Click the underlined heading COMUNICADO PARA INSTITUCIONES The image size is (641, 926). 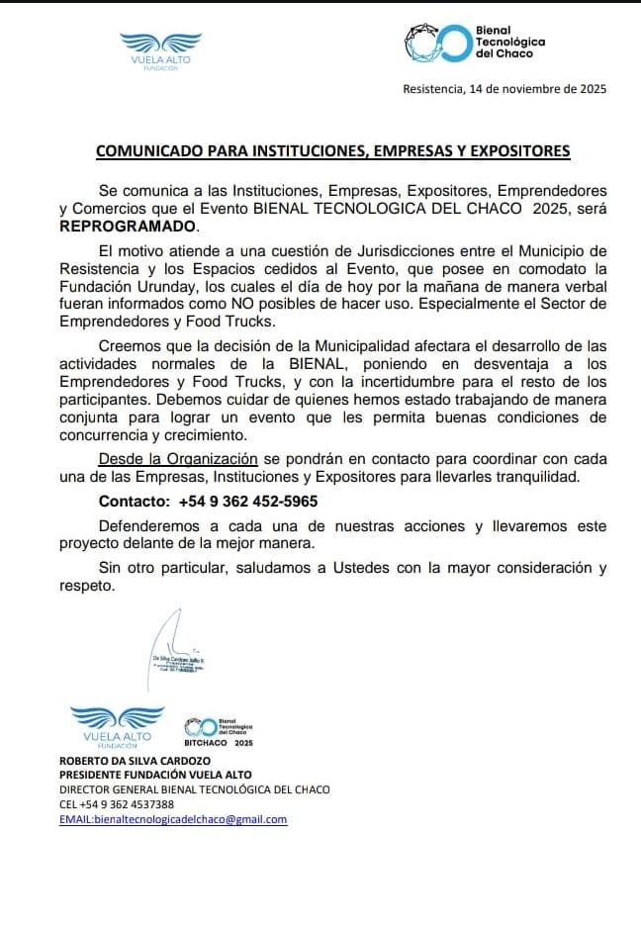pos(332,151)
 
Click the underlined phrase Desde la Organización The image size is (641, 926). pos(178,459)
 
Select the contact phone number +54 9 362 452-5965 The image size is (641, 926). pos(248,501)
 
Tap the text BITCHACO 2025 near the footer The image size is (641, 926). pos(220,742)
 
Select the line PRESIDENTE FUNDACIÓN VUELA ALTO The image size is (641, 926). pos(155,775)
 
